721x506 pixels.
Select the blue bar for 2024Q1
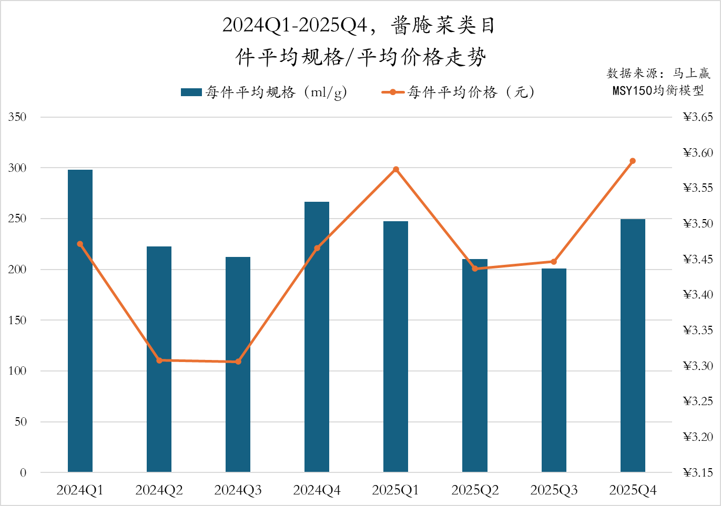point(80,321)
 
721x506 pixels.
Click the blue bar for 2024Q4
point(317,336)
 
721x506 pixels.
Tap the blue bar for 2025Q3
point(554,370)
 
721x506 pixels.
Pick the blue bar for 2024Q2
point(159,359)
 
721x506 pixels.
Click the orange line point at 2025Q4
point(633,161)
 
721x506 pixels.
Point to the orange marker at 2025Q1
point(396,169)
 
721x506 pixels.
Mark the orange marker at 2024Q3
point(238,362)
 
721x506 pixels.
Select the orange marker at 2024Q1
point(80,244)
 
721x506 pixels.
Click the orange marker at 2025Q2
point(475,269)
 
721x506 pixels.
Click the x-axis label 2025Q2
point(475,490)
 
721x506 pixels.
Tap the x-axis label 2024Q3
point(238,490)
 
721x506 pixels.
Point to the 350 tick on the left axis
point(17,117)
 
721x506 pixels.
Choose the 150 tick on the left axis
point(17,320)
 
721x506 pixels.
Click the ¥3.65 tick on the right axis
point(698,117)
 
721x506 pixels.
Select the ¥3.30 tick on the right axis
point(698,366)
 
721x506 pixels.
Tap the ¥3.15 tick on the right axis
point(698,472)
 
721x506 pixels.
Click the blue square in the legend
point(191,92)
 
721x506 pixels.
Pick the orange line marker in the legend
point(393,92)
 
